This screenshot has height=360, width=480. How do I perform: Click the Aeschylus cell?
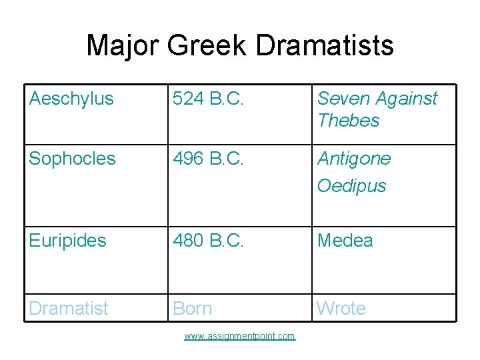71,99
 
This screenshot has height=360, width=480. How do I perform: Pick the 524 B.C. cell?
209,99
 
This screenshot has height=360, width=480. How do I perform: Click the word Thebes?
348,121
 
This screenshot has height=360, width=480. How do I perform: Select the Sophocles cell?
72,159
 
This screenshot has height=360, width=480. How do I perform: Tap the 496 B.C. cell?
209,159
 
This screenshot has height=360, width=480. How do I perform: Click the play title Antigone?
354,159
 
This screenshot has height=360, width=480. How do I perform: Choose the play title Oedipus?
351,185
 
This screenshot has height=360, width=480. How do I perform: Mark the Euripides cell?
67,240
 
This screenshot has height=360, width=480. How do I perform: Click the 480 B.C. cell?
209,240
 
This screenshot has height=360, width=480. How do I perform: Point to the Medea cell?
345,240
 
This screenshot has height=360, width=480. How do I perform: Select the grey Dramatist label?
69,308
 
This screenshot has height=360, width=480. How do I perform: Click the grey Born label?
193,308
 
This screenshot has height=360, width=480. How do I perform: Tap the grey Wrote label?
341,308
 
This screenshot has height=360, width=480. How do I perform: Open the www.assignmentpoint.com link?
239,336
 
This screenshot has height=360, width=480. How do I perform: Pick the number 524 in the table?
187,99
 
